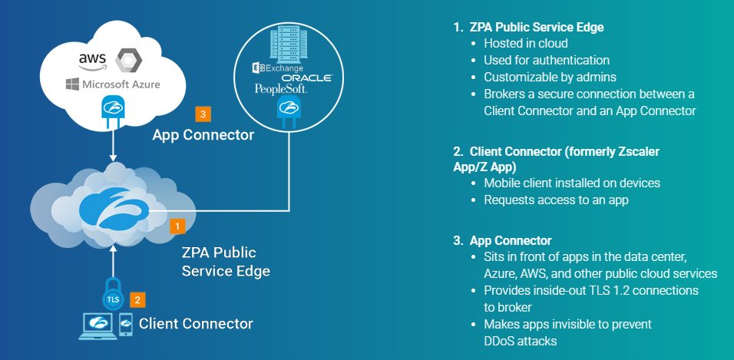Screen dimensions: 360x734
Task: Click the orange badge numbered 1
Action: (x=177, y=226)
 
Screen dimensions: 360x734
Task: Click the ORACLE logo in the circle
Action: (x=306, y=78)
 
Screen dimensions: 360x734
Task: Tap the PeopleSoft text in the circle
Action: (x=281, y=90)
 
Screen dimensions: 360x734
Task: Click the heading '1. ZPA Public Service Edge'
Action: (x=528, y=27)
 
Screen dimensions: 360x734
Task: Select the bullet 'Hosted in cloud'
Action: (x=525, y=44)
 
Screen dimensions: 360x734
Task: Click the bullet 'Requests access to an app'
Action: (x=555, y=200)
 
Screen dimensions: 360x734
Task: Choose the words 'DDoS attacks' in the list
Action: (x=520, y=340)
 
